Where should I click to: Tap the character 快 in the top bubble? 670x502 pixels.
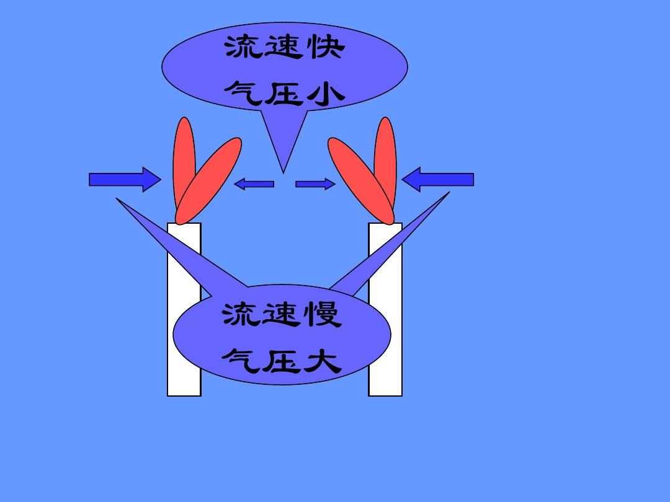coord(327,46)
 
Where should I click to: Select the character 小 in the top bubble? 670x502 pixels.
coord(327,94)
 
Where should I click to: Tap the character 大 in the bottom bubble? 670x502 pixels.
coord(324,361)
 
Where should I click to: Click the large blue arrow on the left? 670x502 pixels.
coord(125,179)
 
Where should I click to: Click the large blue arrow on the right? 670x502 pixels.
coord(438,179)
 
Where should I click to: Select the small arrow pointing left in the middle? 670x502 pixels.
coord(254,184)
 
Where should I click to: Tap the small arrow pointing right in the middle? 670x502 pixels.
coord(315,184)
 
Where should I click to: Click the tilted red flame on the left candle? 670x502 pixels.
coord(208,181)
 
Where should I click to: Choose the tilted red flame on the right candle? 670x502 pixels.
coord(361,181)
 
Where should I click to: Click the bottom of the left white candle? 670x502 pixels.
coord(184,395)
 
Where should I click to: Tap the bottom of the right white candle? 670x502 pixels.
coord(385,395)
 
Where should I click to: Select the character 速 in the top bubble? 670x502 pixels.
coord(284,46)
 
